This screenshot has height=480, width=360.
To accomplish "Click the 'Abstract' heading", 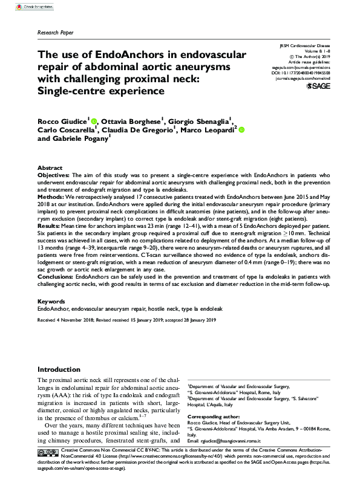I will (x=50, y=167).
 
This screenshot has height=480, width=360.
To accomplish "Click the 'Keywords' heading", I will (x=51, y=300).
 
